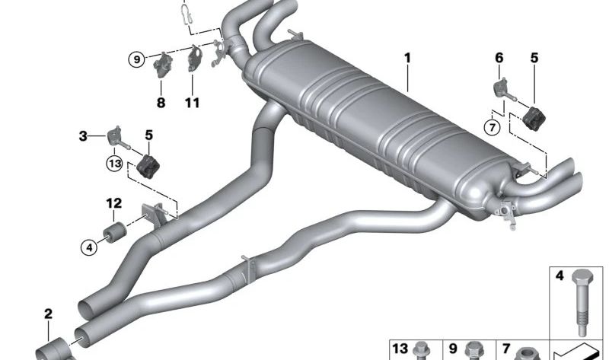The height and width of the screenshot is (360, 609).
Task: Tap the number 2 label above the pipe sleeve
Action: click(x=48, y=314)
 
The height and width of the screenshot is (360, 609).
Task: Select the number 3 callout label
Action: click(x=82, y=137)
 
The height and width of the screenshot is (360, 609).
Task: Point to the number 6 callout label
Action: click(x=499, y=57)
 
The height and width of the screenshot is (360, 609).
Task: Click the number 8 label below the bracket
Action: click(x=161, y=102)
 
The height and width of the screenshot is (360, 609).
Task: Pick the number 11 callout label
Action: click(x=193, y=102)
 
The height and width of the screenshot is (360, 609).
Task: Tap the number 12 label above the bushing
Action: click(x=113, y=203)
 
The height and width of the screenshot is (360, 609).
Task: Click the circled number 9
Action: click(x=136, y=59)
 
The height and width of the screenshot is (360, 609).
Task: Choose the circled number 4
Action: click(x=89, y=246)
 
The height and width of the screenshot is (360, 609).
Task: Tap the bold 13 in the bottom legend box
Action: click(x=400, y=349)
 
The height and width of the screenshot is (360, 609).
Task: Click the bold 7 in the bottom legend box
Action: click(x=506, y=349)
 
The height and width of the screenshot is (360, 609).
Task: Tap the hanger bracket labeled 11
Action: click(x=194, y=59)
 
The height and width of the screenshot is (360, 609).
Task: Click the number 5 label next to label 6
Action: click(x=534, y=57)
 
